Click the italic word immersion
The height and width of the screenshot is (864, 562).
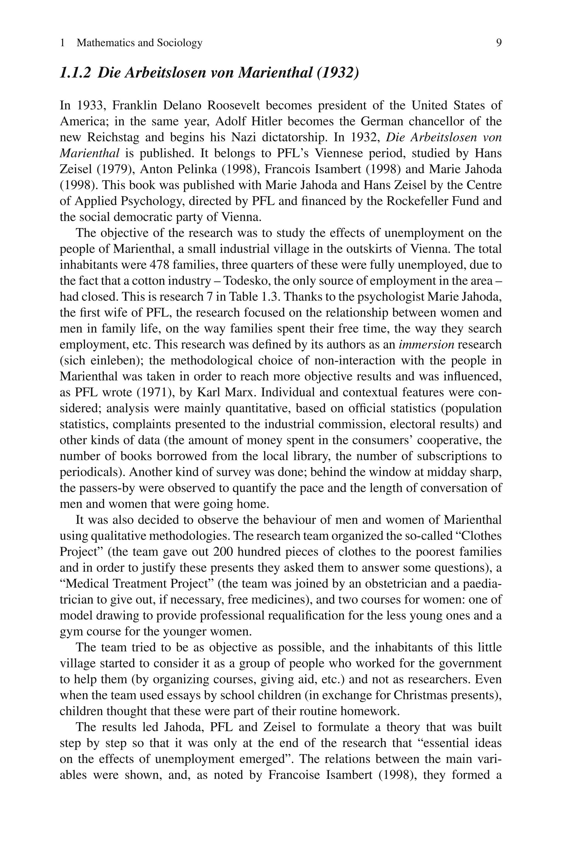click(426, 345)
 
